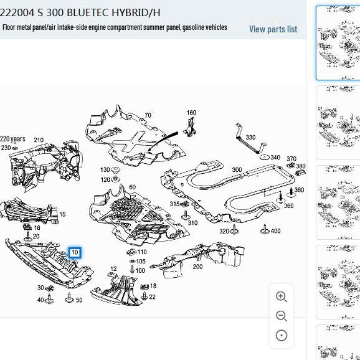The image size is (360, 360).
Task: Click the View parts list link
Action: tap(273, 29)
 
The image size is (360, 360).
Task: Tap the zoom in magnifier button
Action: tap(282, 297)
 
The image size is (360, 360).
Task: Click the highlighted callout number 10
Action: tap(75, 252)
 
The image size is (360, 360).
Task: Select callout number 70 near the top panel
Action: tap(148, 115)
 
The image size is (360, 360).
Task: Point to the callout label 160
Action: tap(191, 113)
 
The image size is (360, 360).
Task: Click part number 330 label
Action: tap(250, 138)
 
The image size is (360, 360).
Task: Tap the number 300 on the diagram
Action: tap(237, 169)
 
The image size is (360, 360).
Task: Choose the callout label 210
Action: tap(39, 140)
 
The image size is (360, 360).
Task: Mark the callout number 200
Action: tap(197, 267)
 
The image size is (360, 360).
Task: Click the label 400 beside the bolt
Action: tap(275, 231)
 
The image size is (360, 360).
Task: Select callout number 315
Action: tap(175, 204)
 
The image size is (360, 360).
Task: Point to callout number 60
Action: tap(132, 187)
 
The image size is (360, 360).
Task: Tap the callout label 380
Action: tap(301, 166)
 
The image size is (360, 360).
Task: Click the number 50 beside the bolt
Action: tap(79, 300)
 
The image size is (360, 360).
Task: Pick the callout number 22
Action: tap(152, 297)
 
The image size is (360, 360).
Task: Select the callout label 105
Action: tap(141, 262)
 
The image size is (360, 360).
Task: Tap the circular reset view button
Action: tap(282, 336)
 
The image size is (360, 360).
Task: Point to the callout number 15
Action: tap(62, 214)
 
